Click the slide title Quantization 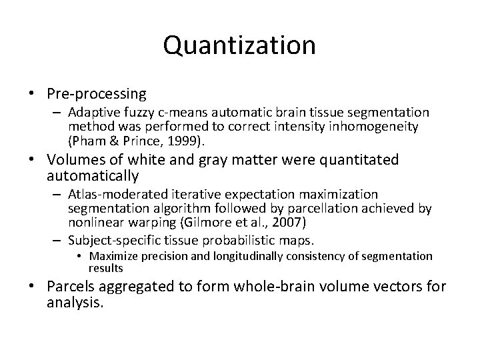point(239,45)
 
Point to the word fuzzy point(149,113)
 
